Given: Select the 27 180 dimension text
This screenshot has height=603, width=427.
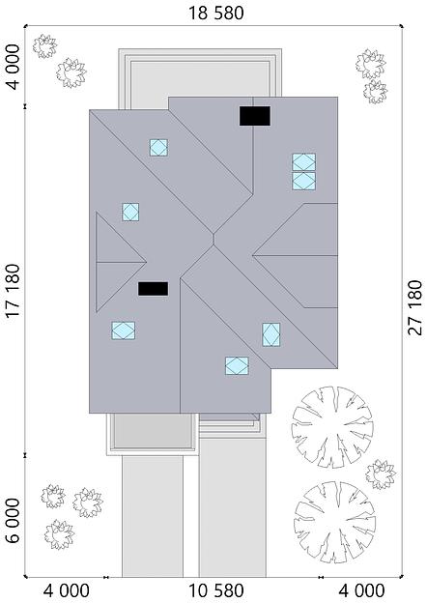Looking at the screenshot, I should click(415, 307).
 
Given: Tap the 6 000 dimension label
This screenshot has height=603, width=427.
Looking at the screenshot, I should click(13, 523).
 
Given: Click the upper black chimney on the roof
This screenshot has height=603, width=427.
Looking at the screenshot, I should click(255, 116).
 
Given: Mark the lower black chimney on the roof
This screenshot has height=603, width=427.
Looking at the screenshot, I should click(153, 288).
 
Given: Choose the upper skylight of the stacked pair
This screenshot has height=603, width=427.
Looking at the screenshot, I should click(303, 162).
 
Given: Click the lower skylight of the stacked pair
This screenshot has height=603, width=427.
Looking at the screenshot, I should click(303, 181).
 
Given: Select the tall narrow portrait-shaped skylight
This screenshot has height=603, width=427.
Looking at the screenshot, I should click(271, 334).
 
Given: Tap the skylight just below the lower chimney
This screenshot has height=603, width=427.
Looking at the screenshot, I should click(123, 330).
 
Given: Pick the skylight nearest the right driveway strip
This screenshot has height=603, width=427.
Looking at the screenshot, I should click(237, 365).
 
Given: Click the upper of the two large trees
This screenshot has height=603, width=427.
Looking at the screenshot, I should click(332, 426).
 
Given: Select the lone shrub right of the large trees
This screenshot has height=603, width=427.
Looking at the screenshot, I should click(381, 474).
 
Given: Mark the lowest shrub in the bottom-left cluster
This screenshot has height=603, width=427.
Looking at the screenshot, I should click(59, 533).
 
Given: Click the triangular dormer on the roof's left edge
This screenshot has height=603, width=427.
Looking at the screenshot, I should click(115, 261).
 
